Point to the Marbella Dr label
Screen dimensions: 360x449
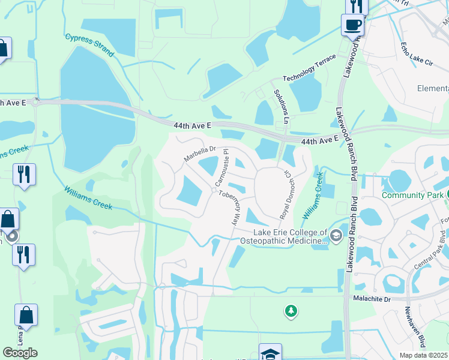pos(199,154)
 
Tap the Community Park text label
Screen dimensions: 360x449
pos(412,195)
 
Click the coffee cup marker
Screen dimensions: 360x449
pos(352,25)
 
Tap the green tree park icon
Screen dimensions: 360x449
pos(291,310)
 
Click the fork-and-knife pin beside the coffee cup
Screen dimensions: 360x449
pos(357,6)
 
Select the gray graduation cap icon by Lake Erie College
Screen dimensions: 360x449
pos(335,235)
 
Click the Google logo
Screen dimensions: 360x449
pos(20,353)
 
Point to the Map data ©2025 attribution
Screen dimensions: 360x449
pos(423,355)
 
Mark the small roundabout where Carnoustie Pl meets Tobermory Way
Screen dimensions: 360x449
pos(213,190)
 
